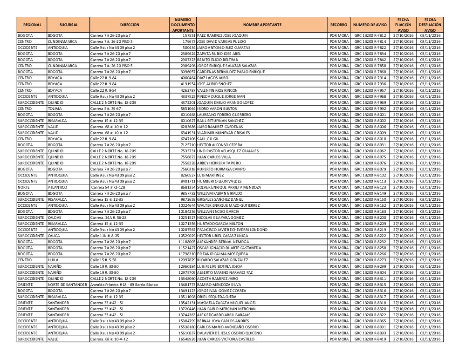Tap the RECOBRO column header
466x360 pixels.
click(x=339, y=25)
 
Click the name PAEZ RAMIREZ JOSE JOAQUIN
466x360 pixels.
click(x=223, y=35)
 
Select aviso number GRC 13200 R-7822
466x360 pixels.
click(x=370, y=48)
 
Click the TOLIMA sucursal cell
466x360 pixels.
click(x=55, y=108)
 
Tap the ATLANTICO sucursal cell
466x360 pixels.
click(x=58, y=187)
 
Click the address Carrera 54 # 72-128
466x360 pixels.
click(x=110, y=187)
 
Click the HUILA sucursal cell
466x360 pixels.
click(x=54, y=260)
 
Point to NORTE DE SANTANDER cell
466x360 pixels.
click(x=68, y=284)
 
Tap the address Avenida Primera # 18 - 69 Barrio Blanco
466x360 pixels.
click(x=124, y=284)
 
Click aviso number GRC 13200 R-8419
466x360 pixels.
click(x=370, y=339)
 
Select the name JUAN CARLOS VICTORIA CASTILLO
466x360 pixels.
click(x=226, y=339)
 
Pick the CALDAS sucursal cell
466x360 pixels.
click(x=55, y=217)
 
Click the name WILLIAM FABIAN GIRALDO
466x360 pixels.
click(x=219, y=193)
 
